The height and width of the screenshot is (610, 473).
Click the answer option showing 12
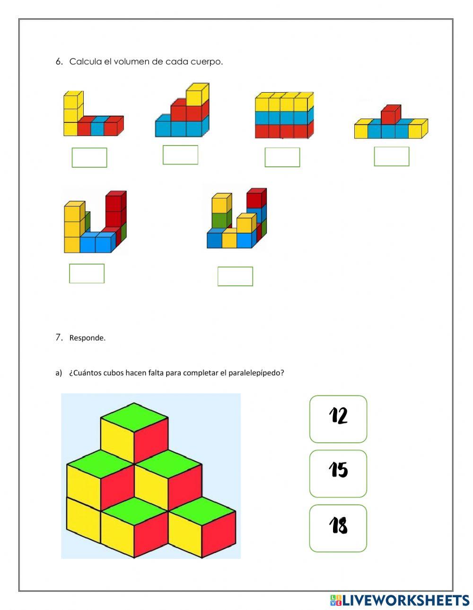pos(338,419)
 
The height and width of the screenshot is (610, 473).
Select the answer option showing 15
pos(338,473)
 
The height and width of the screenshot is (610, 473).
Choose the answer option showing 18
pos(338,528)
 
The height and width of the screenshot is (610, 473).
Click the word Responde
pos(88,338)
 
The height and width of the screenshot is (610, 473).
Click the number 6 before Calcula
pos(59,62)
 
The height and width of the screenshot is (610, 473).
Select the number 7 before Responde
pos(59,337)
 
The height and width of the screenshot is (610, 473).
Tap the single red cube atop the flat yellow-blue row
pos(391,114)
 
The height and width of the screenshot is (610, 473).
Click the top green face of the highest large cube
pos(134,417)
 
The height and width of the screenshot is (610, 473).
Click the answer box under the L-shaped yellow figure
pos(89,157)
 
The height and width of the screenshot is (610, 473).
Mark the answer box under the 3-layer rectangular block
pos(282,157)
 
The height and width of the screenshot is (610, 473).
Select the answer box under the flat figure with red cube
pos(392,156)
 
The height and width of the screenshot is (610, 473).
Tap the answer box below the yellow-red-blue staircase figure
pos(180,155)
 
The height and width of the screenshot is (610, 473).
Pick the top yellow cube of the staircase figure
pos(197,95)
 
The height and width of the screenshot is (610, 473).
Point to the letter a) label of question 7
pos(59,373)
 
